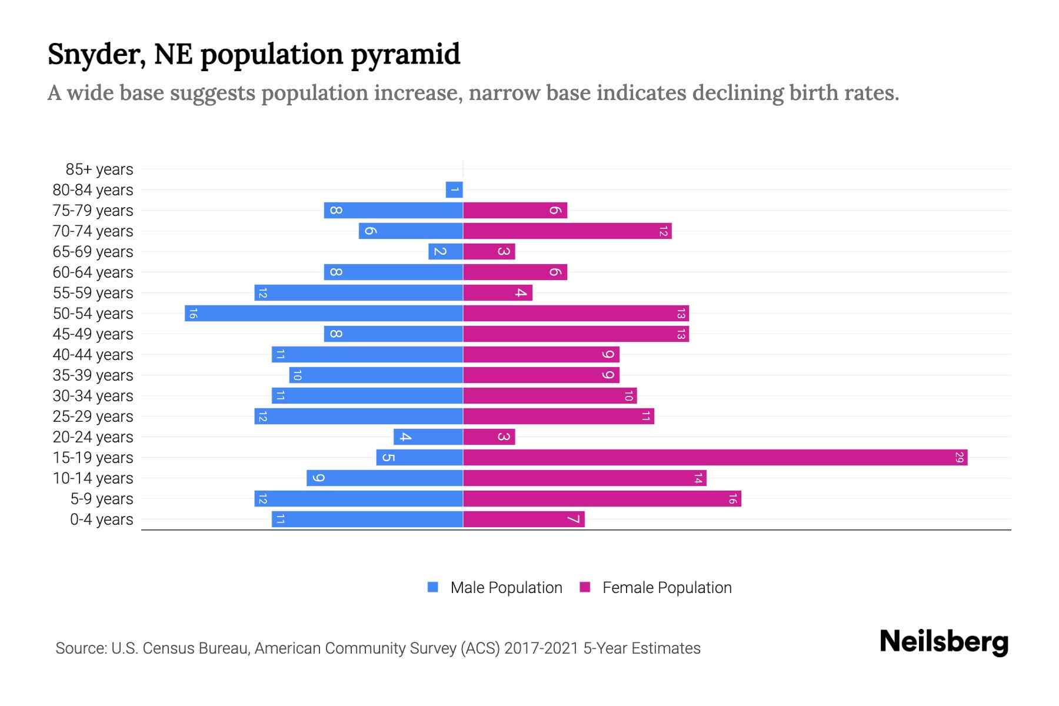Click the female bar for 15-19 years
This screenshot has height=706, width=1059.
715,457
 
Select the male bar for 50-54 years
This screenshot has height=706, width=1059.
324,313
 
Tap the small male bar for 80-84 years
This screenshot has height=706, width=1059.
454,189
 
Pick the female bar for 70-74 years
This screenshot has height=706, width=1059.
567,231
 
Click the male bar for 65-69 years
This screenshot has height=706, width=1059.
445,251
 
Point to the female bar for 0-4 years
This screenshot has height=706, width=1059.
524,519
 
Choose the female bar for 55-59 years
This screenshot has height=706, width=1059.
498,292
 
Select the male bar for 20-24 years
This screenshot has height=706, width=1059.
428,437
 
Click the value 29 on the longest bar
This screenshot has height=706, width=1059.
959,457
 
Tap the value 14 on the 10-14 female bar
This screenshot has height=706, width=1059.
698,478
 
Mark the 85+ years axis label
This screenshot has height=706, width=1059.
99,169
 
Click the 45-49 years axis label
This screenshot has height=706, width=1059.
93,334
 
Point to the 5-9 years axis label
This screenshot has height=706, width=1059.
102,499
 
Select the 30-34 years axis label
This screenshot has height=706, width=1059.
93,396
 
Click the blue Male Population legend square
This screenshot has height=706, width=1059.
433,587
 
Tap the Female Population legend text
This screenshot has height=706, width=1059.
667,587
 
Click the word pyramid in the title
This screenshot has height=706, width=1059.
405,55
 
